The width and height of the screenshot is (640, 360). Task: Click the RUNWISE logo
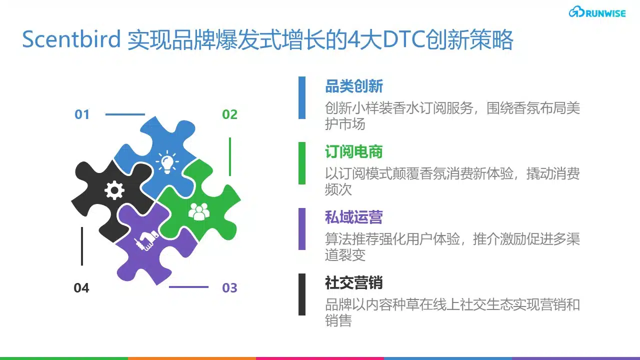click(597, 12)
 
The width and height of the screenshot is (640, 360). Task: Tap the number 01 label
click(82, 114)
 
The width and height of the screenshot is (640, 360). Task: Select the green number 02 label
click(229, 114)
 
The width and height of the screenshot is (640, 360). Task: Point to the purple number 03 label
click(229, 287)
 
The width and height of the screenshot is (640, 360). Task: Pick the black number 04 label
click(81, 287)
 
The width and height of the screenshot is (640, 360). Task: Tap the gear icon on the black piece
click(114, 190)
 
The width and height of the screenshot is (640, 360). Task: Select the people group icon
click(199, 211)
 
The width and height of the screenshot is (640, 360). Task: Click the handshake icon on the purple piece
click(146, 240)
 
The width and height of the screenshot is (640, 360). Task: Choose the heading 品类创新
click(354, 86)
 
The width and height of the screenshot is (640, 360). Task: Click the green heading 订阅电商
click(354, 151)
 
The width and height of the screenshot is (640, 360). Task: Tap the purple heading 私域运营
click(354, 217)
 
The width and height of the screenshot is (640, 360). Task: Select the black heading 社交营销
click(354, 283)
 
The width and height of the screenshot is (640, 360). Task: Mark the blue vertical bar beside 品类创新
click(302, 97)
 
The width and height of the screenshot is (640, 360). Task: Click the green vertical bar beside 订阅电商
click(302, 163)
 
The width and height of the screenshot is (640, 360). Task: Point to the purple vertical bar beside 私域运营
click(302, 229)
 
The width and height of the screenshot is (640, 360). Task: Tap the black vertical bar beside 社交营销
click(302, 294)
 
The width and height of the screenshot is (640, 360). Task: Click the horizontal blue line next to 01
click(125, 114)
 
